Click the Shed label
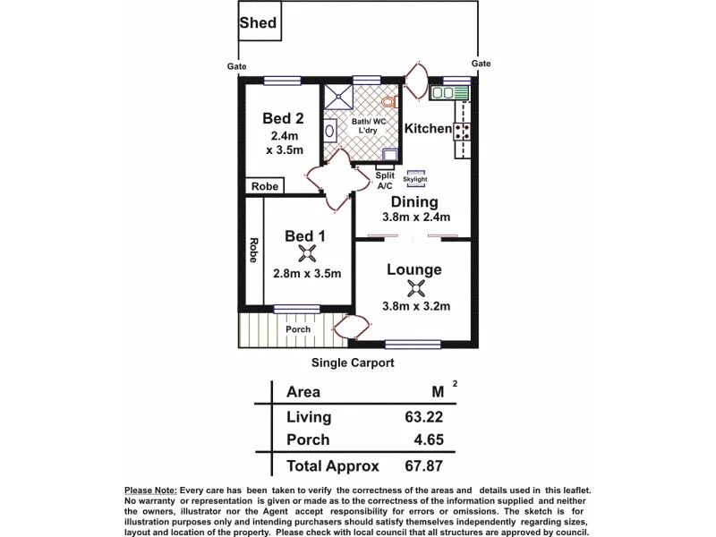click(258, 23)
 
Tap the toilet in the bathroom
click(389, 101)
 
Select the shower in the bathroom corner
click(338, 97)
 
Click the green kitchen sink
click(449, 93)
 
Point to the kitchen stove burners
click(462, 131)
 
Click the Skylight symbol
click(415, 178)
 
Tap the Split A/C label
click(385, 181)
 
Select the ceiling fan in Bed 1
click(307, 253)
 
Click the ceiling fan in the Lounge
click(415, 288)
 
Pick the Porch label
click(298, 329)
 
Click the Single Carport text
click(353, 362)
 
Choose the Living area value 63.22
click(423, 417)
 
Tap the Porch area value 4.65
click(429, 439)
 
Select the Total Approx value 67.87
click(423, 465)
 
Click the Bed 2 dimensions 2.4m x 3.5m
click(285, 143)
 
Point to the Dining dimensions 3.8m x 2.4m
click(416, 217)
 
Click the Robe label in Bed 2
click(265, 186)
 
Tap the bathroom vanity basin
click(329, 131)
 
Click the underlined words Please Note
click(150, 490)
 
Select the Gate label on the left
click(236, 66)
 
